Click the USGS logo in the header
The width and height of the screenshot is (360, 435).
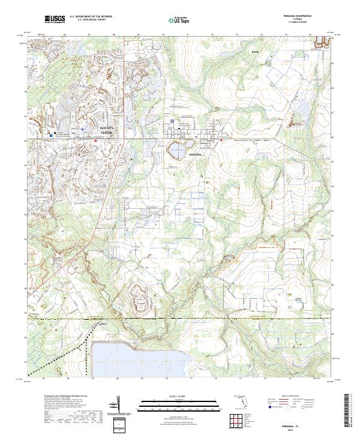pos(55,20)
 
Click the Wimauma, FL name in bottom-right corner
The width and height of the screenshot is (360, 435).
pos(296,424)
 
